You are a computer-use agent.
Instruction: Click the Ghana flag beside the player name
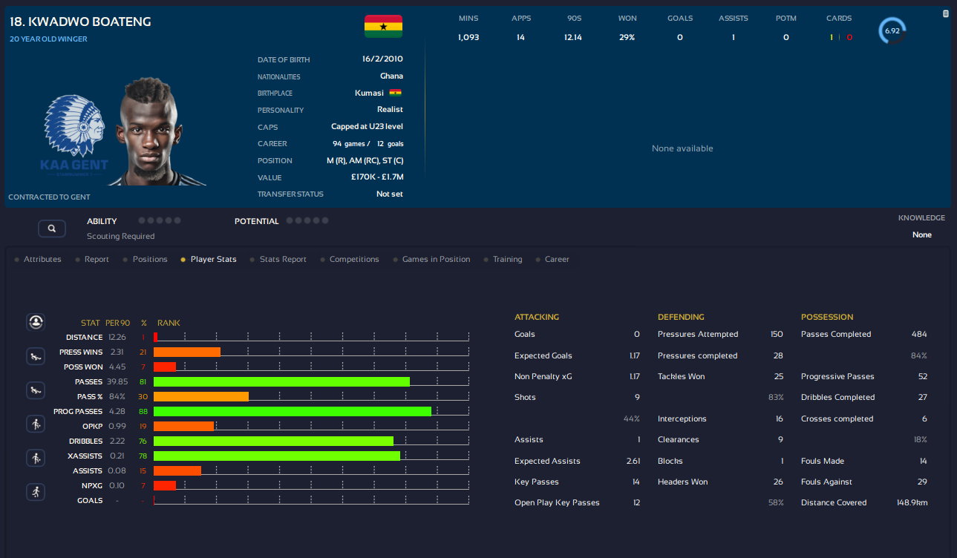[x=383, y=27]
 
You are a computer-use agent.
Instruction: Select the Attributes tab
[x=42, y=260]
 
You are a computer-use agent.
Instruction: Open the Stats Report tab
[x=283, y=260]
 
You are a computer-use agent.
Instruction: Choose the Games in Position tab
[x=436, y=260]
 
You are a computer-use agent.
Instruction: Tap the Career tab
[x=557, y=260]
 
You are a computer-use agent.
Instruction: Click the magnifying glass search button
[x=51, y=229]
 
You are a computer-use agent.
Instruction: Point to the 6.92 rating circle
[x=892, y=31]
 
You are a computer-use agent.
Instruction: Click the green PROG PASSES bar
[x=293, y=411]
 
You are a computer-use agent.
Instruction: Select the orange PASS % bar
[x=201, y=396]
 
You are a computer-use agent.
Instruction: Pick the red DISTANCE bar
[x=156, y=337]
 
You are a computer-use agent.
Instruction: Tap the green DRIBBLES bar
[x=273, y=441]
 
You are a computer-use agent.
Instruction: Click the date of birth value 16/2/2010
[x=383, y=59]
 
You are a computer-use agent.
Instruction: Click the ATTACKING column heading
[x=537, y=317]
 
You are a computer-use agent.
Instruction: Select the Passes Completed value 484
[x=919, y=335]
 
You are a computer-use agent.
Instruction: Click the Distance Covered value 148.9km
[x=912, y=503]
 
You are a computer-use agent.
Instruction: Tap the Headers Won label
[x=682, y=482]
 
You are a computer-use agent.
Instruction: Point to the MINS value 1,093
[x=468, y=37]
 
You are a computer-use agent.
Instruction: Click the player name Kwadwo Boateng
[x=80, y=22]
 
